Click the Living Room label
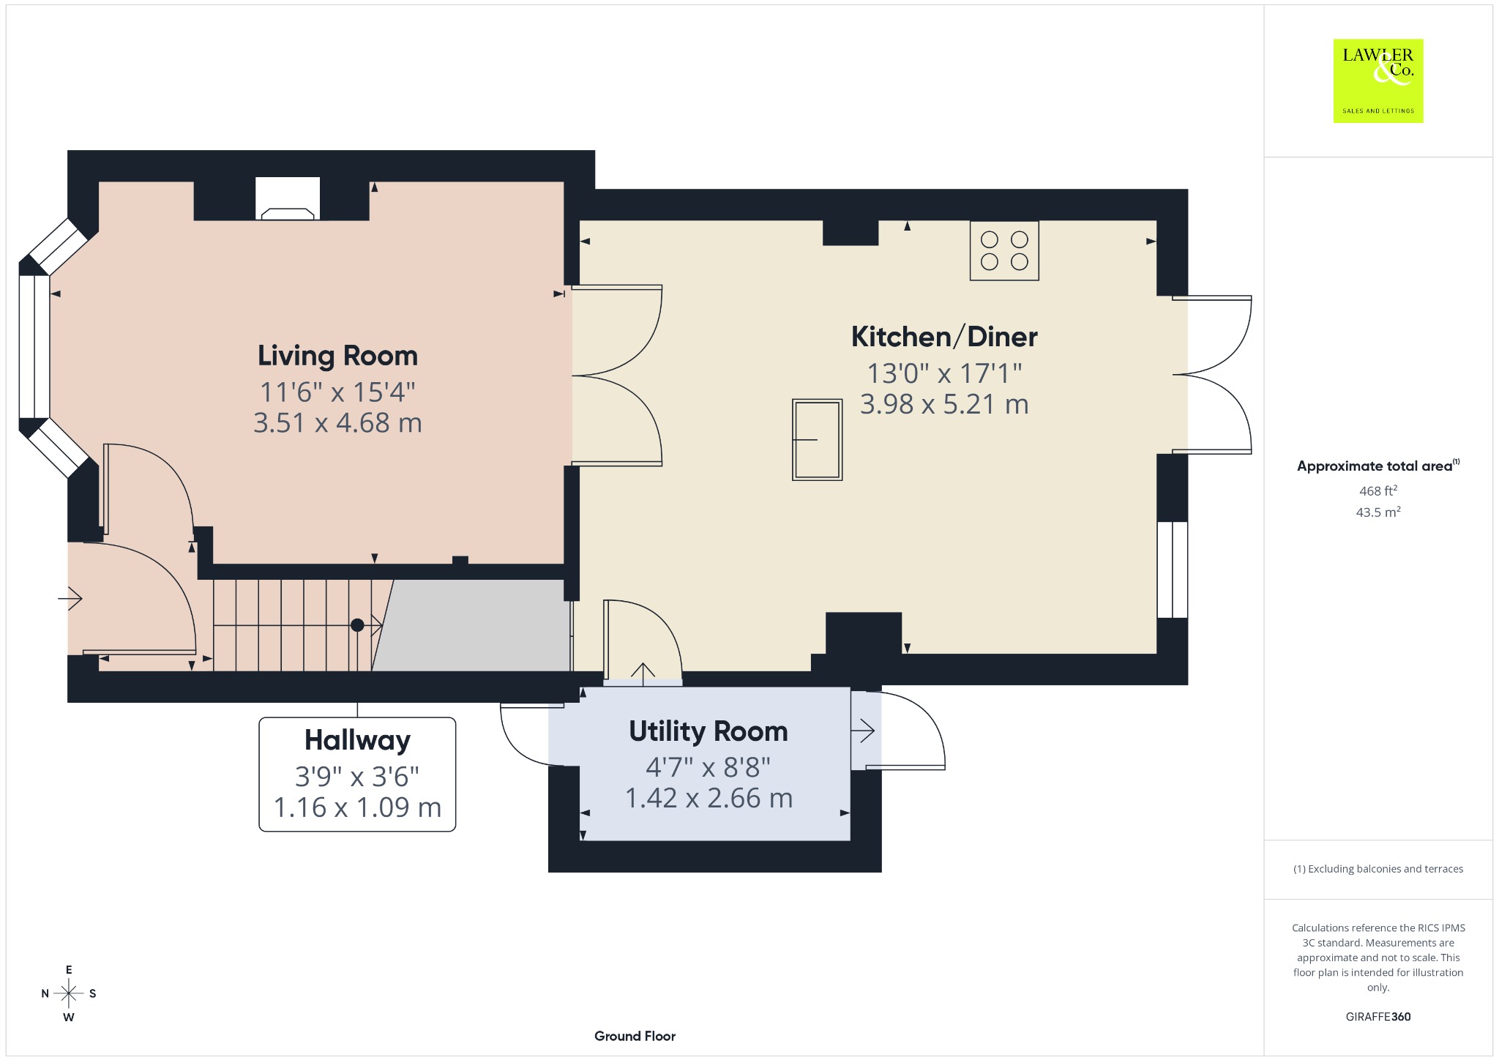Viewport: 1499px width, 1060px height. [337, 356]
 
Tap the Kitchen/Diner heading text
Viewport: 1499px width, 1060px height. [944, 337]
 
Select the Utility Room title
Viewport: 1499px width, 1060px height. [709, 731]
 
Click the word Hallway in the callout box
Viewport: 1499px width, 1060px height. [357, 740]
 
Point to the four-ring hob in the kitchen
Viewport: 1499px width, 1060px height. [1004, 250]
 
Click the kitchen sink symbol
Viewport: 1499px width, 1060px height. [817, 439]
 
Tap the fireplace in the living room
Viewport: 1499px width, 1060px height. [288, 199]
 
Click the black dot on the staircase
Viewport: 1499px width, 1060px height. [357, 625]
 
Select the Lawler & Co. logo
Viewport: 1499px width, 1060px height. [1378, 81]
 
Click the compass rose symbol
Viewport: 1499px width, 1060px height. [69, 993]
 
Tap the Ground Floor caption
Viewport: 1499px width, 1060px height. [635, 1036]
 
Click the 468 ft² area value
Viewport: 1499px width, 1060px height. [1378, 490]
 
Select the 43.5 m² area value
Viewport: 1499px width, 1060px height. [1378, 512]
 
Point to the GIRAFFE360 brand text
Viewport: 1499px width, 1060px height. [1378, 1017]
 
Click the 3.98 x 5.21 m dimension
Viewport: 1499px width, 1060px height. [944, 404]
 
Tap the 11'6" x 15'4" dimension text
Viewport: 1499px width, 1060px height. [337, 392]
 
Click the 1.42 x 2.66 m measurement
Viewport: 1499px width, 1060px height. [709, 798]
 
